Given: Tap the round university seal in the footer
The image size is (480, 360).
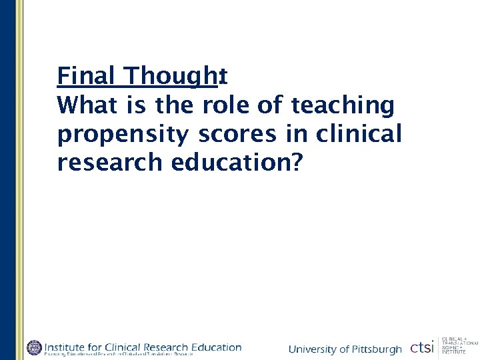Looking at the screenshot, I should [34, 347].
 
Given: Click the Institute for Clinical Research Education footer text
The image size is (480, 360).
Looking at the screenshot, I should [143, 347].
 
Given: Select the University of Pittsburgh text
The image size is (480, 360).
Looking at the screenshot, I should [345, 349].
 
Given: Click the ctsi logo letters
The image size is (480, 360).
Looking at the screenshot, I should [422, 348].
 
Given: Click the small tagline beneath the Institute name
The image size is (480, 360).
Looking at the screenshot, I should [133, 354].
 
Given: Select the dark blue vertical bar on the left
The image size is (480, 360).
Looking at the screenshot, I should [7, 180].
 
